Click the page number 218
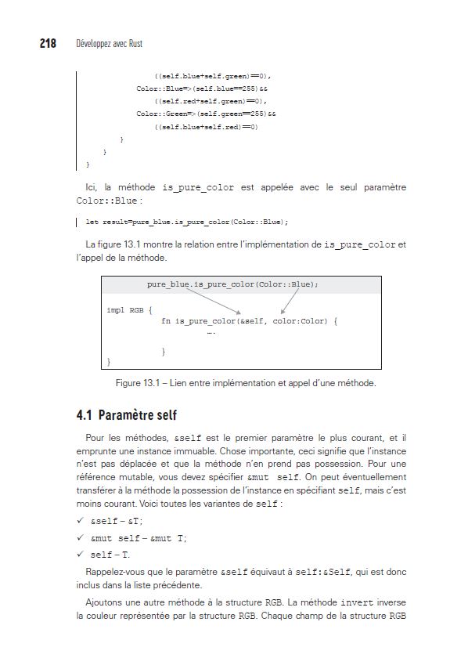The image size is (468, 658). (48, 44)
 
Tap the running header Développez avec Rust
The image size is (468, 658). (109, 45)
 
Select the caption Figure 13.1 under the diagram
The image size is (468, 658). (245, 384)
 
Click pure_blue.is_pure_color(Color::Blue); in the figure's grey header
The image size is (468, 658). (232, 284)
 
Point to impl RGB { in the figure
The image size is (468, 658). (129, 310)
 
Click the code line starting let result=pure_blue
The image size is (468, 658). (186, 222)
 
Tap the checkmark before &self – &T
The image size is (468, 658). (80, 521)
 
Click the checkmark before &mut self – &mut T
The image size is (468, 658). (80, 538)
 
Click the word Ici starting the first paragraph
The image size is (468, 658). (91, 188)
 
